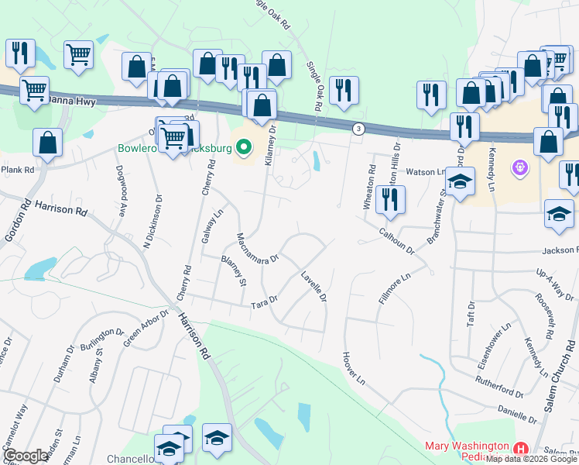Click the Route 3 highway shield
[x=358, y=129]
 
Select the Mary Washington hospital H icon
[x=521, y=448]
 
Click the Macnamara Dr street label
[x=257, y=250]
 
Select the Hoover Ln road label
[x=352, y=367]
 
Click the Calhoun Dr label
[x=397, y=241]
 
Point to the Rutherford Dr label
[x=499, y=383]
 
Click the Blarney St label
[x=233, y=271]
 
